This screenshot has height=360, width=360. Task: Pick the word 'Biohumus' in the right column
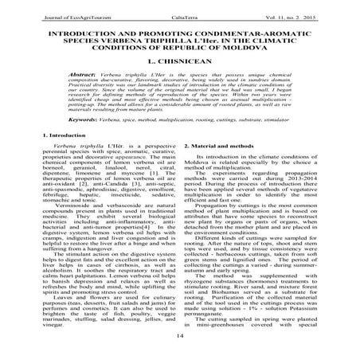(x=223, y=304)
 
